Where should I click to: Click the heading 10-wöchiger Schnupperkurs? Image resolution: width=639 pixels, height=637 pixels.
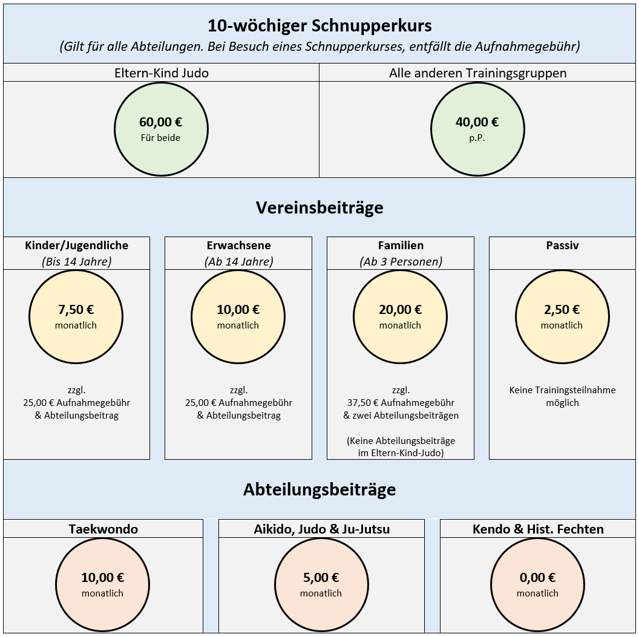(x=319, y=26)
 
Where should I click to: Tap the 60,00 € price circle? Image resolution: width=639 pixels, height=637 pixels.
(x=160, y=129)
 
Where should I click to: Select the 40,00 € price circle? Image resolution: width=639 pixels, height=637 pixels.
(x=477, y=129)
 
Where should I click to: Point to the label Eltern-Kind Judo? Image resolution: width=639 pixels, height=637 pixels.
(x=161, y=73)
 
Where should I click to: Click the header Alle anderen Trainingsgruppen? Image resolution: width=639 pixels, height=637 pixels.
(x=477, y=73)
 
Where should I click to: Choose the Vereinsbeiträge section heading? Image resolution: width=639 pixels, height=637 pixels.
(x=319, y=207)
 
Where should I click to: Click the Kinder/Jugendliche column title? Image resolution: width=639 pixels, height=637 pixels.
(x=77, y=246)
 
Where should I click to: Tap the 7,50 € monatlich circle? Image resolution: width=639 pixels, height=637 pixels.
(x=76, y=316)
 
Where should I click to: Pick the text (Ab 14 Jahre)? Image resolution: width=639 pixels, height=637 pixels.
(x=238, y=261)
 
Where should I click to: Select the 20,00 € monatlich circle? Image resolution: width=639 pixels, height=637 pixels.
(x=400, y=316)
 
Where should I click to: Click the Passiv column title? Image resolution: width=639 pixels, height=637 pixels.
(x=562, y=246)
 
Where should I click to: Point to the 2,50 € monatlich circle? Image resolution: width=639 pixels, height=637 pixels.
(x=562, y=316)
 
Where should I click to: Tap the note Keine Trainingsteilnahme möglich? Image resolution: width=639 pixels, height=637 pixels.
(x=562, y=396)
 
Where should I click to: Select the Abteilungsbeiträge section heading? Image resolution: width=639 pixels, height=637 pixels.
(x=319, y=489)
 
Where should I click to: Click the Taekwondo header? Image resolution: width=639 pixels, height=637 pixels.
(x=103, y=529)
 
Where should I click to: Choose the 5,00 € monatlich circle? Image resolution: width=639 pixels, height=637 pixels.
(x=321, y=584)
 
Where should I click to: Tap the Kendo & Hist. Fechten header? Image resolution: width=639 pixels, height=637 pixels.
(x=538, y=529)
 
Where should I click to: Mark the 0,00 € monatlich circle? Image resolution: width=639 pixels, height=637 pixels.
(x=537, y=584)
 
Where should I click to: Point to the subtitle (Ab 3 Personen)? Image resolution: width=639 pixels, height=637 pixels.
(x=401, y=261)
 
